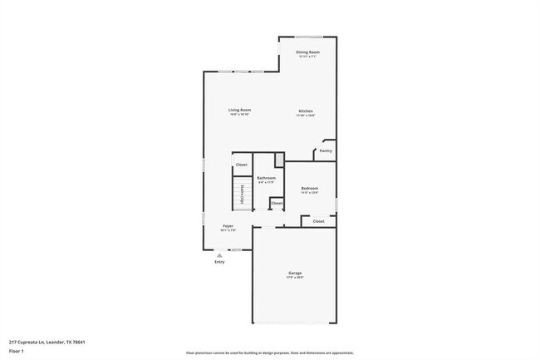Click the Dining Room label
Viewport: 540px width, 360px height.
pyautogui.click(x=308, y=52)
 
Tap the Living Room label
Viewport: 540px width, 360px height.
pyautogui.click(x=240, y=110)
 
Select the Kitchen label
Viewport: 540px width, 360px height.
pyautogui.click(x=306, y=111)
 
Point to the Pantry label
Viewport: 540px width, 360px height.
pyautogui.click(x=326, y=150)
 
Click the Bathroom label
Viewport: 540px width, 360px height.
pyautogui.click(x=266, y=178)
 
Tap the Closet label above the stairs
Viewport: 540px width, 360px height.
pyautogui.click(x=241, y=165)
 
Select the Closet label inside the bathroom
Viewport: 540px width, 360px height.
pyautogui.click(x=277, y=203)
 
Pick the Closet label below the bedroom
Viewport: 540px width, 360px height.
pyautogui.click(x=318, y=221)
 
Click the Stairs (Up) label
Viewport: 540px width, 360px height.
pyautogui.click(x=241, y=195)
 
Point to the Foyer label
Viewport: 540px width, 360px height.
pyautogui.click(x=228, y=226)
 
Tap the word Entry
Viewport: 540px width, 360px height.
pyautogui.click(x=219, y=262)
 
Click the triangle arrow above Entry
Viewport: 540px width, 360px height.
pyautogui.click(x=219, y=255)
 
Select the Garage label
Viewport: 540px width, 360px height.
pyautogui.click(x=295, y=273)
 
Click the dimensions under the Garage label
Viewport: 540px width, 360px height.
pyautogui.click(x=295, y=278)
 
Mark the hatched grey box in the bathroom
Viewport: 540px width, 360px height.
pyautogui.click(x=279, y=160)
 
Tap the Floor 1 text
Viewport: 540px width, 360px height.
pyautogui.click(x=16, y=351)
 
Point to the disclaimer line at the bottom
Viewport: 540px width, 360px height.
pyautogui.click(x=270, y=353)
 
